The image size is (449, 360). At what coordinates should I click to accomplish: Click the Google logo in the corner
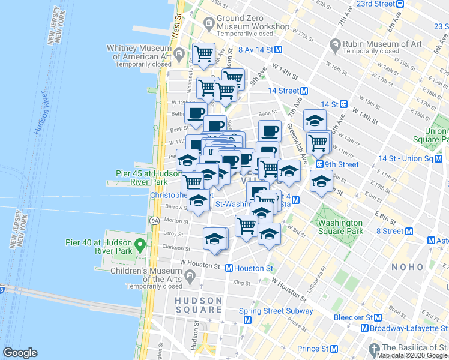[x=20, y=353]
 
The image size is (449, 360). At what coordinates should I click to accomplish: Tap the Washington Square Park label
[x=340, y=226]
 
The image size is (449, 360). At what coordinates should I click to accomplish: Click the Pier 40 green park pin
[x=140, y=245]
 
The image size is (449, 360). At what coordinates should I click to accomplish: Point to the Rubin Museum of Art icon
[x=334, y=44]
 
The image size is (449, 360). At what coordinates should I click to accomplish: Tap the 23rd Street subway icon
[x=399, y=4]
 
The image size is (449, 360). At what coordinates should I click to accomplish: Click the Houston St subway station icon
[x=229, y=268]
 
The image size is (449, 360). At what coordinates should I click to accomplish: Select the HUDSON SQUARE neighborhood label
[x=199, y=305]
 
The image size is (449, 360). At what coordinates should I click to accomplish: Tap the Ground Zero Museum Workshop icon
[x=209, y=23]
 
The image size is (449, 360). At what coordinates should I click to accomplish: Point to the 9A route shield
[x=154, y=221]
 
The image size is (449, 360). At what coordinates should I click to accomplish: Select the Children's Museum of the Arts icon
[x=190, y=276]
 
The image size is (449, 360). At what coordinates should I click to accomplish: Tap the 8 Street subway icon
[x=409, y=231]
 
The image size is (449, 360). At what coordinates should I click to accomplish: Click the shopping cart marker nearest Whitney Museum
[x=203, y=54]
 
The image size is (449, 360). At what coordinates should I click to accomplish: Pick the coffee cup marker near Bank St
[x=196, y=113]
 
